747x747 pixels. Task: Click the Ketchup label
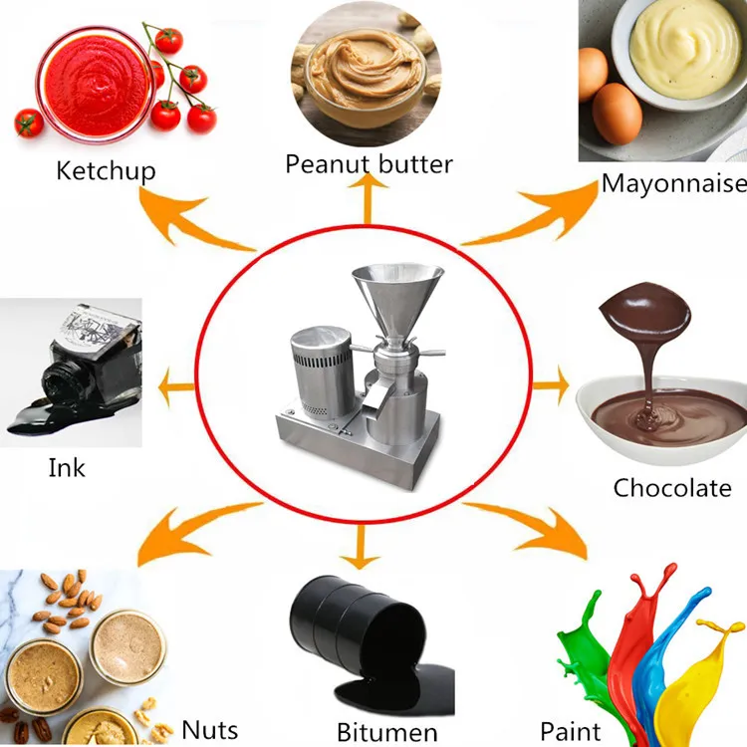click(x=106, y=171)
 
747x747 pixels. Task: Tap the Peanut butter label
click(x=369, y=164)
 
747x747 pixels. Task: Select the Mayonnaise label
click(x=673, y=184)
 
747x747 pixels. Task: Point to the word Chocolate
click(x=672, y=488)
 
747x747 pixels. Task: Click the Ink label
click(x=67, y=468)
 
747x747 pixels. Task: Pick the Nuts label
click(x=209, y=729)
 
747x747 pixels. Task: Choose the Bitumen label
click(x=386, y=732)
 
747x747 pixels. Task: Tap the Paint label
click(x=571, y=731)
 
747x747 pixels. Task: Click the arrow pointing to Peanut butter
click(x=368, y=199)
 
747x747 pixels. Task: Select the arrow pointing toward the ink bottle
click(x=176, y=386)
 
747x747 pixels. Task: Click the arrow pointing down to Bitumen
click(x=360, y=546)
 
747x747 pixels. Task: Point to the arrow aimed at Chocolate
click(x=551, y=385)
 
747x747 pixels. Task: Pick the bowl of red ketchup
click(x=95, y=84)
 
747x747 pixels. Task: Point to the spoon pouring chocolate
click(x=644, y=311)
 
